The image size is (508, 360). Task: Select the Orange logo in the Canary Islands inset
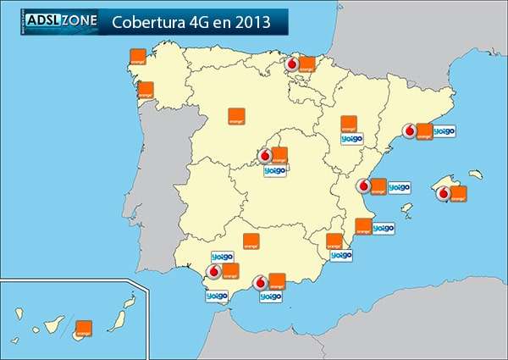pos(84,330)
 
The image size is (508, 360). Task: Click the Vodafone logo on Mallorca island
pos(443,193)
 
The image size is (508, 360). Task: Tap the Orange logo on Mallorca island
pos(458,193)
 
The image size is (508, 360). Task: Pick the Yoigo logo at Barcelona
pos(444,131)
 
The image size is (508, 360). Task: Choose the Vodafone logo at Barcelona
pos(409,131)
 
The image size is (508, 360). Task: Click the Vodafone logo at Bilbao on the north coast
pos(293,64)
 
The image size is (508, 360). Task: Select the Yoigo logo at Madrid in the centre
pos(275,170)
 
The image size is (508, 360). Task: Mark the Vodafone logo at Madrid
pos(265,156)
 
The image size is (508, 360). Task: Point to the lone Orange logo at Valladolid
pos(237,117)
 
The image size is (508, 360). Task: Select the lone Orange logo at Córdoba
pos(251,241)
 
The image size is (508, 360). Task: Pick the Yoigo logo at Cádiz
pos(217,296)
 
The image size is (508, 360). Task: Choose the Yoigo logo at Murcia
pos(341,255)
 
